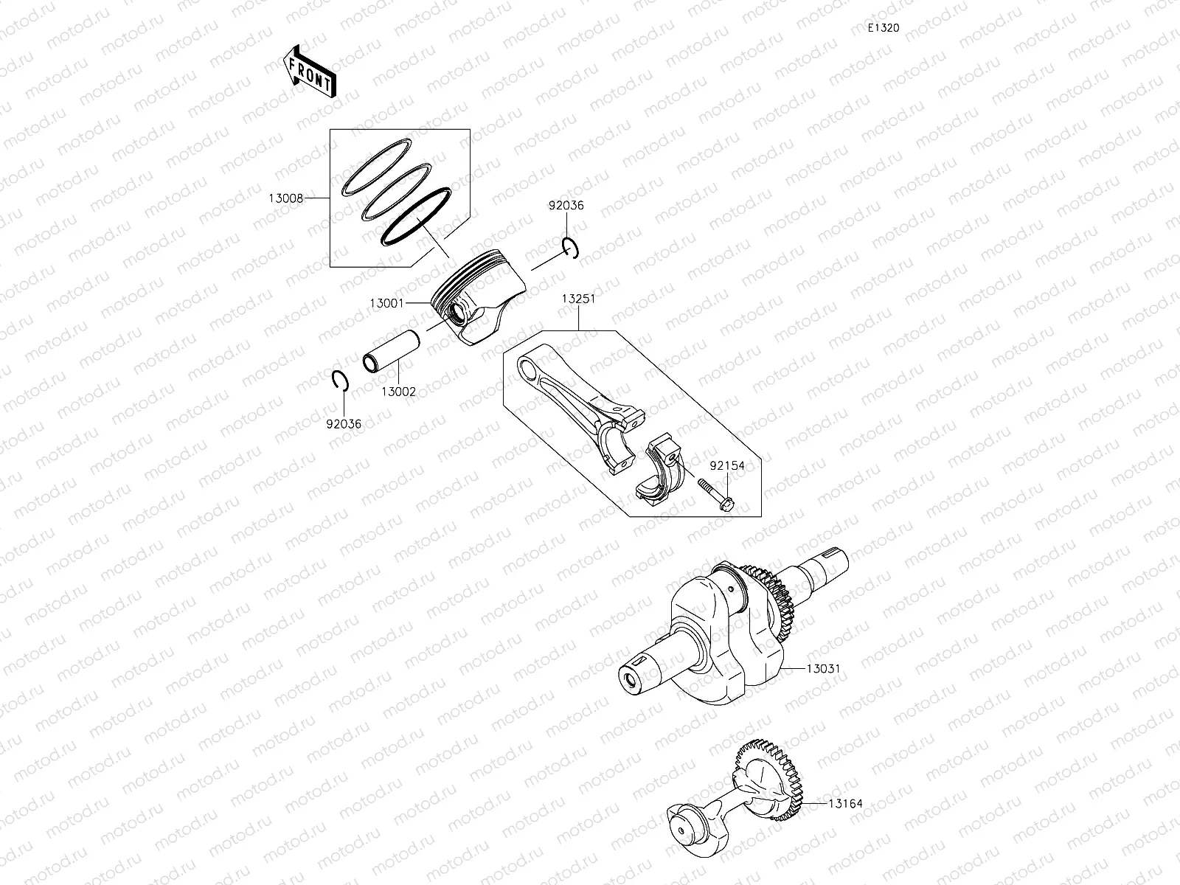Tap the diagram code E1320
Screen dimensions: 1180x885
883,28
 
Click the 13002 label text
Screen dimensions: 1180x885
398,392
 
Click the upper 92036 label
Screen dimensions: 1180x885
566,206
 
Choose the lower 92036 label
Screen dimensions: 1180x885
344,424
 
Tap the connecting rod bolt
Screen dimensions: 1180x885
715,493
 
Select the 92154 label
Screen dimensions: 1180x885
727,466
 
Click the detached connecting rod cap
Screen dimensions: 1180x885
660,473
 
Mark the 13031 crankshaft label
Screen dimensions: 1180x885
823,669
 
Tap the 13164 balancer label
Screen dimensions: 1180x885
844,804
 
